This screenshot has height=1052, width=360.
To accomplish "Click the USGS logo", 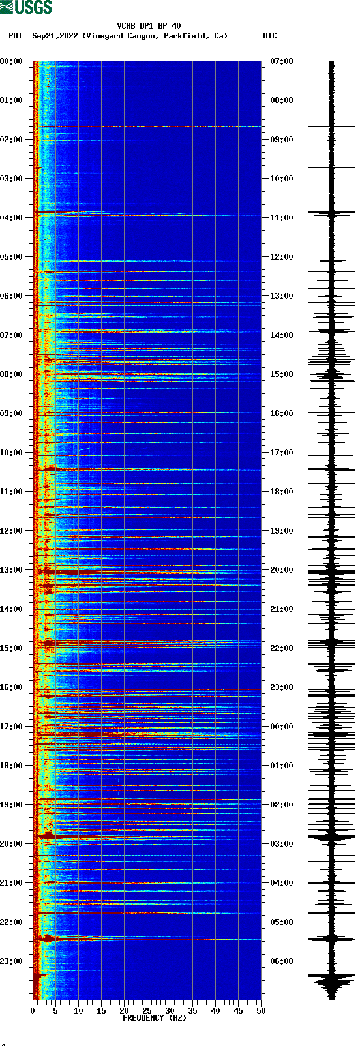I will coord(26,7).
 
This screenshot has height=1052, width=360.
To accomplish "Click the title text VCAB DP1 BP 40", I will coord(149,26).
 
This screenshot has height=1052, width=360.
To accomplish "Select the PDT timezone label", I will coord(16,36).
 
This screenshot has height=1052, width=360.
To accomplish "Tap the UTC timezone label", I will coord(269,36).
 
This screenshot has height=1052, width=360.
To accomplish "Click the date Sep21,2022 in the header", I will coord(55,36).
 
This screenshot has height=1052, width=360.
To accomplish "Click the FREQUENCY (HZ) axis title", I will coord(154,1017).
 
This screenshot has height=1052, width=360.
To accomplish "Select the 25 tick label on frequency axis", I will coord(147,1011).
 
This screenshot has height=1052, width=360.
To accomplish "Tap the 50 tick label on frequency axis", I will coord(261,1011).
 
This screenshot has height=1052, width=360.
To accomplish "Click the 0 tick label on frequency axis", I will coord(33,1011).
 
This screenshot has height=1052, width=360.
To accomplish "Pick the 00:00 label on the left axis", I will coord(12,61).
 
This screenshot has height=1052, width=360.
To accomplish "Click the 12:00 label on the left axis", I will coord(12,531).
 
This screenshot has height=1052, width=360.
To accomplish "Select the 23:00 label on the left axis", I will coord(12,961).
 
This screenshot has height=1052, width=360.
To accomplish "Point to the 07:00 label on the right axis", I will coord(282,61).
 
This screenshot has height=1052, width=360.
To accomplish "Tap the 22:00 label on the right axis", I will coord(282,648).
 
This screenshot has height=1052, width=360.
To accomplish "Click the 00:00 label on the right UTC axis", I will coord(282,727).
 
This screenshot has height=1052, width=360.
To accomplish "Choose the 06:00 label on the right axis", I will coord(282,961).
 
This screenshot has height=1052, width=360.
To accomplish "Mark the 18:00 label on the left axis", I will coord(12,766).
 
